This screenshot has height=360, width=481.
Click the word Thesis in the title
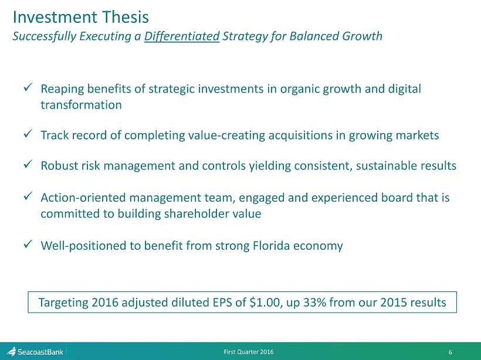click(126, 17)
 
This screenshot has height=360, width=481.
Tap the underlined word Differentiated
click(182, 36)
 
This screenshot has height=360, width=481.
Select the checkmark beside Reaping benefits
click(28, 87)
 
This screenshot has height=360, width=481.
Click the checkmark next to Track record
click(28, 134)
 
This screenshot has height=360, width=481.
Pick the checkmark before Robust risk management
click(28, 164)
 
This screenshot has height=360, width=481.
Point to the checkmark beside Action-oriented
click(28, 196)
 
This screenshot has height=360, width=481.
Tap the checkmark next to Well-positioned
click(28, 244)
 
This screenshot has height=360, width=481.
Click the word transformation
click(82, 105)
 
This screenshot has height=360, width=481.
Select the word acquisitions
click(300, 135)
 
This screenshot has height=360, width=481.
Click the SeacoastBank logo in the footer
click(35, 352)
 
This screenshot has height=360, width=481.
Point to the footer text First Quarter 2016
click(249, 352)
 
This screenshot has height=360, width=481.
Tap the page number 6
click(450, 352)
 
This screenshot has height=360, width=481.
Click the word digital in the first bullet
click(405, 89)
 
